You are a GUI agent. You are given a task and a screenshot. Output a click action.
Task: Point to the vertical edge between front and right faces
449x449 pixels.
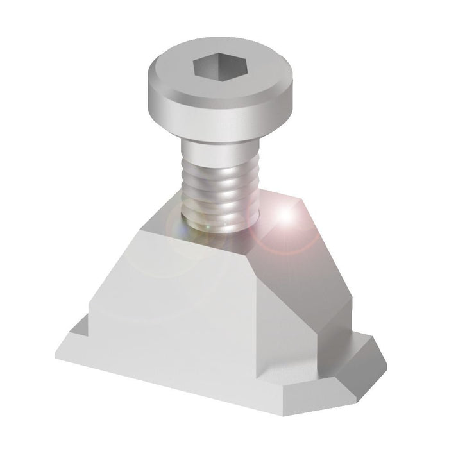257,327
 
